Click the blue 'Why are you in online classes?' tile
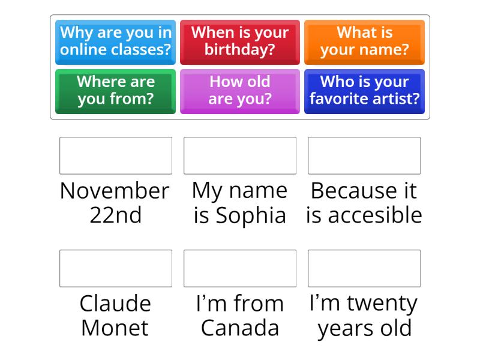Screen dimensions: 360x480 tap(115, 41)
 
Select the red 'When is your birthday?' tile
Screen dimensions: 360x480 tap(239, 41)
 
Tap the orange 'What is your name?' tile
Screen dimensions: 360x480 tap(364, 41)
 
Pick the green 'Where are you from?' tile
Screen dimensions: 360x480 tap(115, 91)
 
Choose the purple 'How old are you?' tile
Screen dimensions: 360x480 tap(239, 91)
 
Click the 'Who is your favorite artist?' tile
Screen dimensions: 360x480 tap(364, 91)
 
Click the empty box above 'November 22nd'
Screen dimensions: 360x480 tap(116, 155)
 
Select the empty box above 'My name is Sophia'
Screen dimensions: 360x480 tap(240, 155)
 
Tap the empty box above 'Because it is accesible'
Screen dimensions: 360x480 tap(364, 155)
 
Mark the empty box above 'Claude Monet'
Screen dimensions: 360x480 tap(116, 268)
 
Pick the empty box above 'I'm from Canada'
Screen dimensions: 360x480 tap(240, 268)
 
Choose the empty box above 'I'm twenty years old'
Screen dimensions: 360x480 tap(364, 268)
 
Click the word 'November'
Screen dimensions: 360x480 tap(115, 191)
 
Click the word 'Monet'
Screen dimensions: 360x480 tap(115, 328)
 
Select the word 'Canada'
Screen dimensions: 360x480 tap(240, 328)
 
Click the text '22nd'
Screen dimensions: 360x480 tap(115, 215)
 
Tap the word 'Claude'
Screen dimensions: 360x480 tap(115, 304)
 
